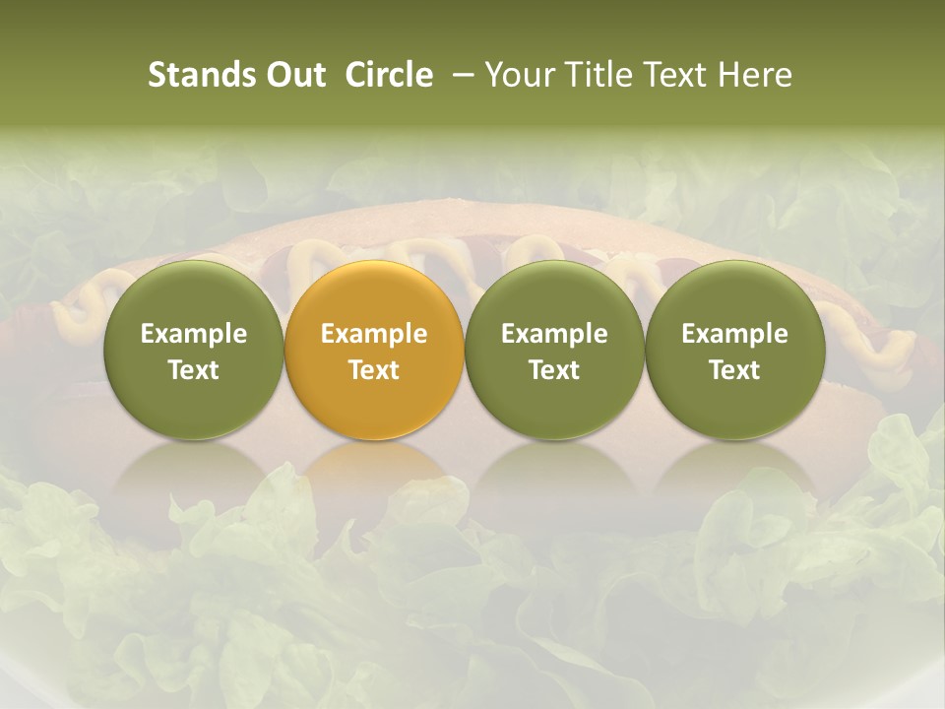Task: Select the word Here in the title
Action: (x=755, y=75)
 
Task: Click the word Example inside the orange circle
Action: (x=374, y=334)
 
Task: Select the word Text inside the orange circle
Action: (x=374, y=370)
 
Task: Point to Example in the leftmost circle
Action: (x=194, y=334)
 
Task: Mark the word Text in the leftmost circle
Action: (x=194, y=370)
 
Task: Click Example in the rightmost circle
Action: (x=734, y=334)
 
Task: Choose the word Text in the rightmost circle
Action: (x=734, y=370)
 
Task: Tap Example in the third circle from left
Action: (x=554, y=334)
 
